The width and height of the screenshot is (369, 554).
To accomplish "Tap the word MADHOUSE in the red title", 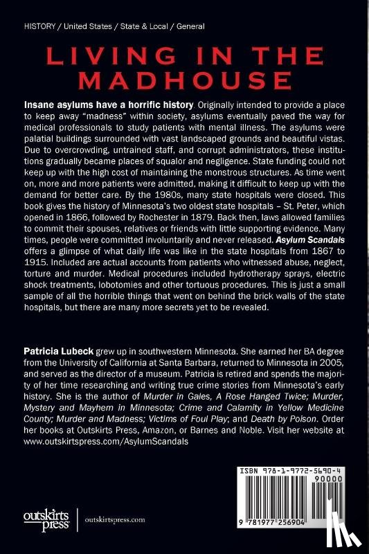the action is click(x=184, y=74).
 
